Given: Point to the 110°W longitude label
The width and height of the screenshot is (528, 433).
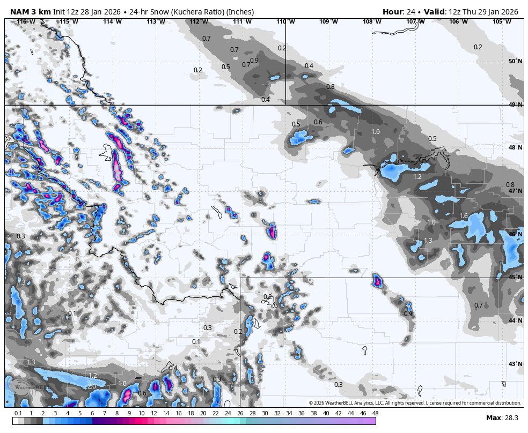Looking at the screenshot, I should [285, 21].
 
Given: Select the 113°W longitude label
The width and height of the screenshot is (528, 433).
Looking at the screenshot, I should [155, 21].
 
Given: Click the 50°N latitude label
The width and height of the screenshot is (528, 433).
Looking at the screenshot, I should [515, 61].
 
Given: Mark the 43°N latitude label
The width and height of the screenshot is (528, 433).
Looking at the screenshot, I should [515, 364].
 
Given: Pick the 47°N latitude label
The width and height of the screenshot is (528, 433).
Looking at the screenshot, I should [515, 191].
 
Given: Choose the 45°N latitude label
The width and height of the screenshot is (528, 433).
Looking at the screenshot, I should [515, 277].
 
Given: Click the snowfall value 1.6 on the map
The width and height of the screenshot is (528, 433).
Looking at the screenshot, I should [464, 216].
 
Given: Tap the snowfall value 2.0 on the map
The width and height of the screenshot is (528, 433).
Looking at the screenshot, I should [91, 386].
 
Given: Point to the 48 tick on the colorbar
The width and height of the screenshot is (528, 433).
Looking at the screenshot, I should [375, 413].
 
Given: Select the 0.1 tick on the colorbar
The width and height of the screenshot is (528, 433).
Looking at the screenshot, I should [18, 413].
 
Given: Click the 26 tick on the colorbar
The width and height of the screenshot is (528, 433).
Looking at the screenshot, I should [239, 413].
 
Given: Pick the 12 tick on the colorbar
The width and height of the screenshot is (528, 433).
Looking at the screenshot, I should [153, 413].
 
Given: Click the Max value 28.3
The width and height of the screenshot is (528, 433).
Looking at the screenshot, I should [511, 417].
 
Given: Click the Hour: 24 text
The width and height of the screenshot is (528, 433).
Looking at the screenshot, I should [400, 12].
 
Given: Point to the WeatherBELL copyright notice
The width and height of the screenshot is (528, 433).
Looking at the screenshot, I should [415, 403].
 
